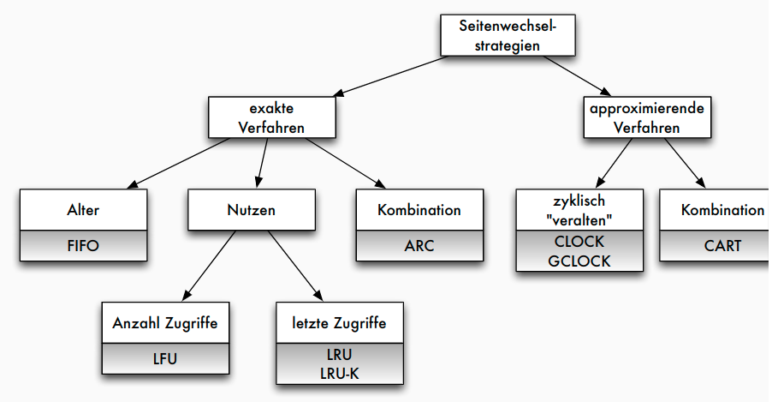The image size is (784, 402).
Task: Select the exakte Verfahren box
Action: coord(270,117)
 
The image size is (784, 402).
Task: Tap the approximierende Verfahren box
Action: coord(646,117)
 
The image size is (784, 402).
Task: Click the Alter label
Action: coord(83,210)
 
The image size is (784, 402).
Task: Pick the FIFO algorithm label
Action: coord(83,245)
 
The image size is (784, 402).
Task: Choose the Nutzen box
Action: coord(250,210)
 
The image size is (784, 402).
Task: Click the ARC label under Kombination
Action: coord(419,245)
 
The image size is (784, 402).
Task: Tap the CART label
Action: coord(722,245)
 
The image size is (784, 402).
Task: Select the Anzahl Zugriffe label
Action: coord(165,323)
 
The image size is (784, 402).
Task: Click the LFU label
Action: coord(165,358)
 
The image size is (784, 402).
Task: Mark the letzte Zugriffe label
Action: coord(340,323)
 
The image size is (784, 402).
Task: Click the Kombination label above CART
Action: coord(722,210)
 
